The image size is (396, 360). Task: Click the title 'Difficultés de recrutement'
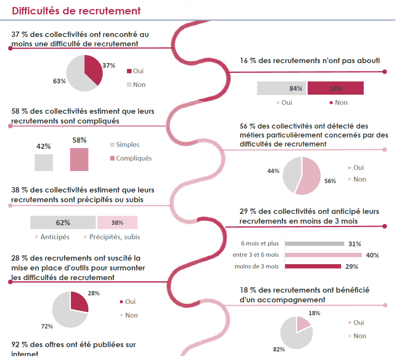point(76,11)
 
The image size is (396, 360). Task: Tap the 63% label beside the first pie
point(59,81)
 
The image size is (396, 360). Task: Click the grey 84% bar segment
point(281,88)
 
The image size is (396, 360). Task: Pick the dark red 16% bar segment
point(335,88)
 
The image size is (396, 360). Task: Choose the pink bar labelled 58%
point(79,159)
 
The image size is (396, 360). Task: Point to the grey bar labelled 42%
point(44,162)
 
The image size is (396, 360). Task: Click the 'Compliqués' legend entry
point(133,158)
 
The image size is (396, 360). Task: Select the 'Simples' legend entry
point(127,145)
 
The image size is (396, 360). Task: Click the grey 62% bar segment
point(63,222)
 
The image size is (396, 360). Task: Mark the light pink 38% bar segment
point(117,222)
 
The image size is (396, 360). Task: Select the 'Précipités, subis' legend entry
point(114,236)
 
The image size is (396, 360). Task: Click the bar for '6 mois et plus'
point(314,244)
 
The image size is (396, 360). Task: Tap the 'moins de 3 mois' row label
point(257,266)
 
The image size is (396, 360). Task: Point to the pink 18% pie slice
point(302,323)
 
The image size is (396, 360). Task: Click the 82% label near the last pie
point(279,349)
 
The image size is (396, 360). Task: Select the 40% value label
point(372,256)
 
